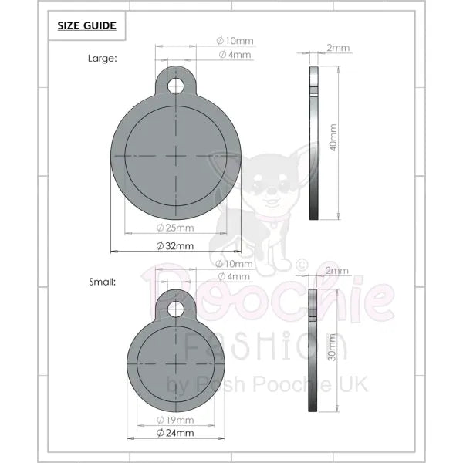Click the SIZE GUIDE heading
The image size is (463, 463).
[86, 25]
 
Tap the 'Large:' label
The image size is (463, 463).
[103, 59]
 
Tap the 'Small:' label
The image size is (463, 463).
[103, 282]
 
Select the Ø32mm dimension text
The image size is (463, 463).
[175, 246]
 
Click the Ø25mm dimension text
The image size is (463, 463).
[175, 228]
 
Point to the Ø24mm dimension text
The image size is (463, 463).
[175, 433]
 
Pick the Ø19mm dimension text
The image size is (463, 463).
[175, 420]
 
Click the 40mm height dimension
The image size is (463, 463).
[333, 137]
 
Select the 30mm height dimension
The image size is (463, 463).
[332, 347]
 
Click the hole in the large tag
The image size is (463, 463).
[176, 86]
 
